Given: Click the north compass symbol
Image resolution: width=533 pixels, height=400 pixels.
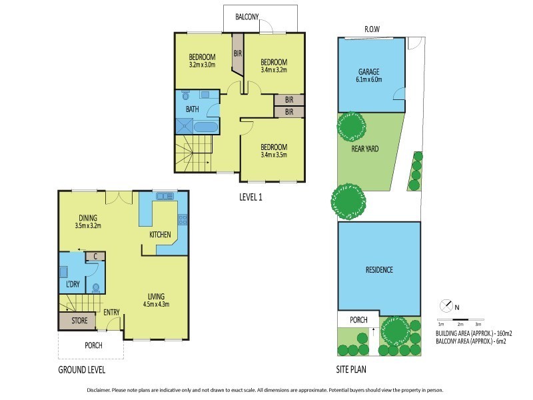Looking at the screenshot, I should pyautogui.click(x=446, y=306).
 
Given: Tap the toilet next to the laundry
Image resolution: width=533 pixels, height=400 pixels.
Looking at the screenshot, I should pyautogui.click(x=96, y=289).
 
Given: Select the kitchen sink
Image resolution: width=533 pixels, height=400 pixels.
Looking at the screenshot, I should pyautogui.click(x=164, y=196).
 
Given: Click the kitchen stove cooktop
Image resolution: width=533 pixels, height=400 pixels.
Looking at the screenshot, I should pyautogui.click(x=182, y=221).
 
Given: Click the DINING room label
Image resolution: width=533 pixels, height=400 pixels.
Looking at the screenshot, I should pyautogui.click(x=86, y=217).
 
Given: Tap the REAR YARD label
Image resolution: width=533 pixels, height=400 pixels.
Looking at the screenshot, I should pyautogui.click(x=364, y=149).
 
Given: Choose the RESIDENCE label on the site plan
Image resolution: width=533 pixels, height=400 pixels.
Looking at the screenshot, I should pyautogui.click(x=378, y=270).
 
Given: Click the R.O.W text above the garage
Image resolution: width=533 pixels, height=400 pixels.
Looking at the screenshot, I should pyautogui.click(x=372, y=29).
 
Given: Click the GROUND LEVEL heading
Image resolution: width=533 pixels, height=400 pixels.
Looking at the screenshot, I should pyautogui.click(x=81, y=369).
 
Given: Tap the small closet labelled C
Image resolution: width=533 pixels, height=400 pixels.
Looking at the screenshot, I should pyautogui.click(x=96, y=256).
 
